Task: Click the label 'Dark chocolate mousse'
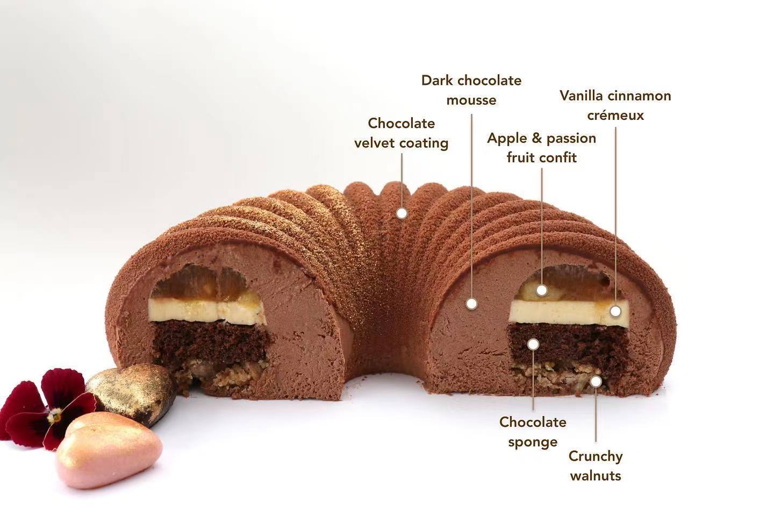coord(471,90)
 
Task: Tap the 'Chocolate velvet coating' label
coord(401,133)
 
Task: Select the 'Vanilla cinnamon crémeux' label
coord(615,105)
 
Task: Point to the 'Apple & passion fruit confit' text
coord(541,147)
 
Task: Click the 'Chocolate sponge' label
coord(532,432)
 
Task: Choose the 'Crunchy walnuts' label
coord(596,465)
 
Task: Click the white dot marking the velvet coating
coord(401,213)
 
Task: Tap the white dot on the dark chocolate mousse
coord(471,303)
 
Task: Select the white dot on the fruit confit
coord(542,290)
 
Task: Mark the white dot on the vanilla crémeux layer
coord(615,311)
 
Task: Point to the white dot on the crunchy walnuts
coord(596,381)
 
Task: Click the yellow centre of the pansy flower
coord(55,415)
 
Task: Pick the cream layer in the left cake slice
coord(207,311)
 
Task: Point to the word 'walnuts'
coord(596,475)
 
